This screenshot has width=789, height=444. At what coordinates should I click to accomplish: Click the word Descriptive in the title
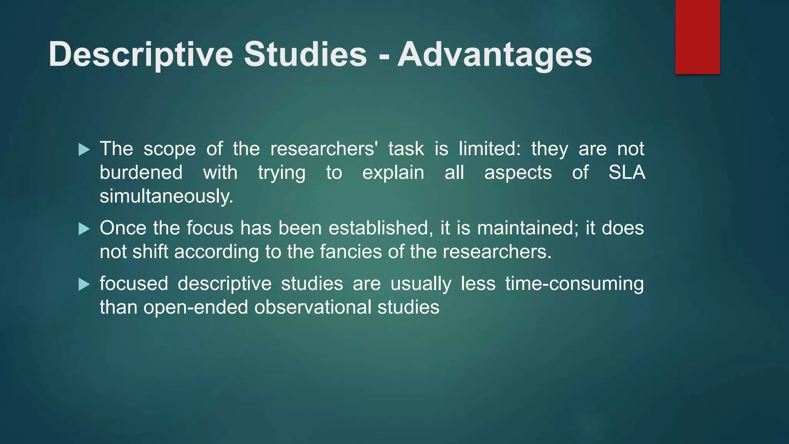[x=141, y=55]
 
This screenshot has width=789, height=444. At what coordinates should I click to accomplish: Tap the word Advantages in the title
[x=495, y=55]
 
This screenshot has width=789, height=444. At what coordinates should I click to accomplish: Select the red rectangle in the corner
[x=697, y=37]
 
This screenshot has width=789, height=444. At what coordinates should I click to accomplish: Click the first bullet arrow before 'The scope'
[x=84, y=150]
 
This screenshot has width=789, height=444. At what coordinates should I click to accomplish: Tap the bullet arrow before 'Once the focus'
[x=84, y=229]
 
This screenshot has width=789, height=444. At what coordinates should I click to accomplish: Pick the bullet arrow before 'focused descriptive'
[x=84, y=284]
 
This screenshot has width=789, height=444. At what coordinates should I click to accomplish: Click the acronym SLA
[x=626, y=172]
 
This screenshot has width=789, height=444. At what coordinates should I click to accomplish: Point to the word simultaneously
[x=166, y=196]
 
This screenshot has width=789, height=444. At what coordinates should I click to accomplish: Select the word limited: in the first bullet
[x=489, y=149]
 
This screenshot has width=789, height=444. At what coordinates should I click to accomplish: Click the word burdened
[x=141, y=172]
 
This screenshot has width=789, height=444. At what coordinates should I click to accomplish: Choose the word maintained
[x=527, y=228]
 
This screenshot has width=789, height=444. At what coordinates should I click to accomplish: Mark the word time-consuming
[x=574, y=284]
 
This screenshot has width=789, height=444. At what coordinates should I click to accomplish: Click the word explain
[x=393, y=173]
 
